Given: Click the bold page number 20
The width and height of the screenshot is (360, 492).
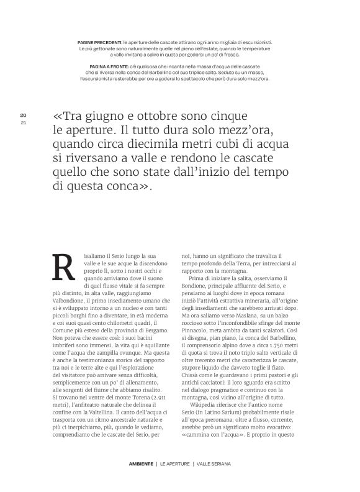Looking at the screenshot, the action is [23, 115].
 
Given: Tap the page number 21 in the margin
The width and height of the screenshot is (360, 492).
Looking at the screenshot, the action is [23, 122].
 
